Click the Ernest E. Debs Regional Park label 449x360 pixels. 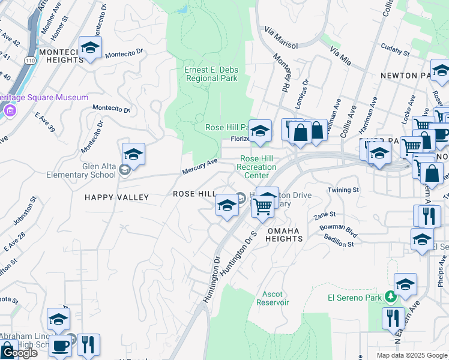point(211,74)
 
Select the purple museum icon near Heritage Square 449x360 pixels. point(10,111)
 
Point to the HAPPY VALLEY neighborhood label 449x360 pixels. point(116,197)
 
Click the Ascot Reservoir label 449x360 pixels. point(276,298)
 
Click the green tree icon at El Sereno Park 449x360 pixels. point(391,296)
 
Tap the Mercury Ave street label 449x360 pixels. point(200,167)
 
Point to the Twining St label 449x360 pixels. point(343,190)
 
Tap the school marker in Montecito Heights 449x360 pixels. point(90,48)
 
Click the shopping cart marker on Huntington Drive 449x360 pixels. point(263,205)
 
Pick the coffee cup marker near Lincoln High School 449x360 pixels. point(60,346)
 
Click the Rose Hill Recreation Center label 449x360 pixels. point(257,167)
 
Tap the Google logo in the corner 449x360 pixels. point(19,353)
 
